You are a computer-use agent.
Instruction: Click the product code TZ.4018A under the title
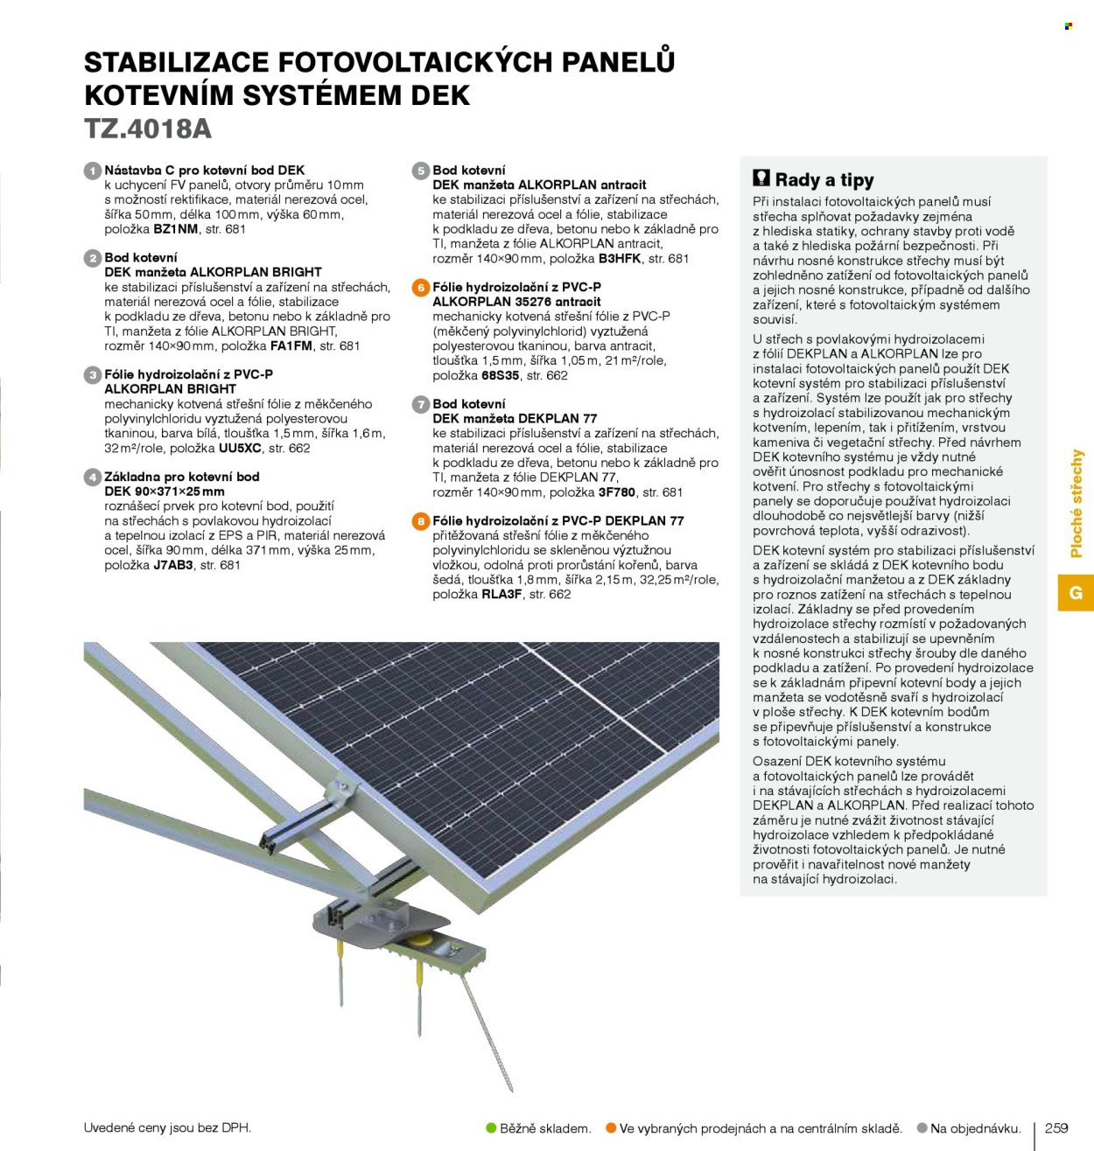pyautogui.click(x=148, y=129)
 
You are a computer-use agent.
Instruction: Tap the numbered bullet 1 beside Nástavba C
pyautogui.click(x=92, y=171)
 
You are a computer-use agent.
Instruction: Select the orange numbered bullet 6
pyautogui.click(x=420, y=288)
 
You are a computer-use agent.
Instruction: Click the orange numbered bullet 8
pyautogui.click(x=420, y=521)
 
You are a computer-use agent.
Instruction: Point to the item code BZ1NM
pyautogui.click(x=176, y=229)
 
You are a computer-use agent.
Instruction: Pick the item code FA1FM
pyautogui.click(x=291, y=345)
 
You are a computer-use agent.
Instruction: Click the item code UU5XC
pyautogui.click(x=240, y=448)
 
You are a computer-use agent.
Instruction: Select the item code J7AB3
pyautogui.click(x=173, y=565)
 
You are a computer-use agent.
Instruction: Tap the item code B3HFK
pyautogui.click(x=620, y=258)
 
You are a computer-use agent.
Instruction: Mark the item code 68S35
pyautogui.click(x=501, y=375)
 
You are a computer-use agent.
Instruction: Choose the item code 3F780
pyautogui.click(x=616, y=492)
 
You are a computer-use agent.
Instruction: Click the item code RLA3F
pyautogui.click(x=501, y=594)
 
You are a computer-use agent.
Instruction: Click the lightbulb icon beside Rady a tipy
pyautogui.click(x=761, y=178)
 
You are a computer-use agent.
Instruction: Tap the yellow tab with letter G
pyautogui.click(x=1076, y=593)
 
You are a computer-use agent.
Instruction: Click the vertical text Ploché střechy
pyautogui.click(x=1076, y=504)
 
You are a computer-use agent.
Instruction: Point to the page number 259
pyautogui.click(x=1055, y=1127)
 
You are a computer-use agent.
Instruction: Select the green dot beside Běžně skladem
pyautogui.click(x=491, y=1127)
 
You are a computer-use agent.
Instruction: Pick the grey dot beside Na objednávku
pyautogui.click(x=922, y=1127)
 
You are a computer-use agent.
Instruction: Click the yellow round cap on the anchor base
pyautogui.click(x=419, y=941)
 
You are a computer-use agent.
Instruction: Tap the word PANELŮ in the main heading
pyautogui.click(x=618, y=61)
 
